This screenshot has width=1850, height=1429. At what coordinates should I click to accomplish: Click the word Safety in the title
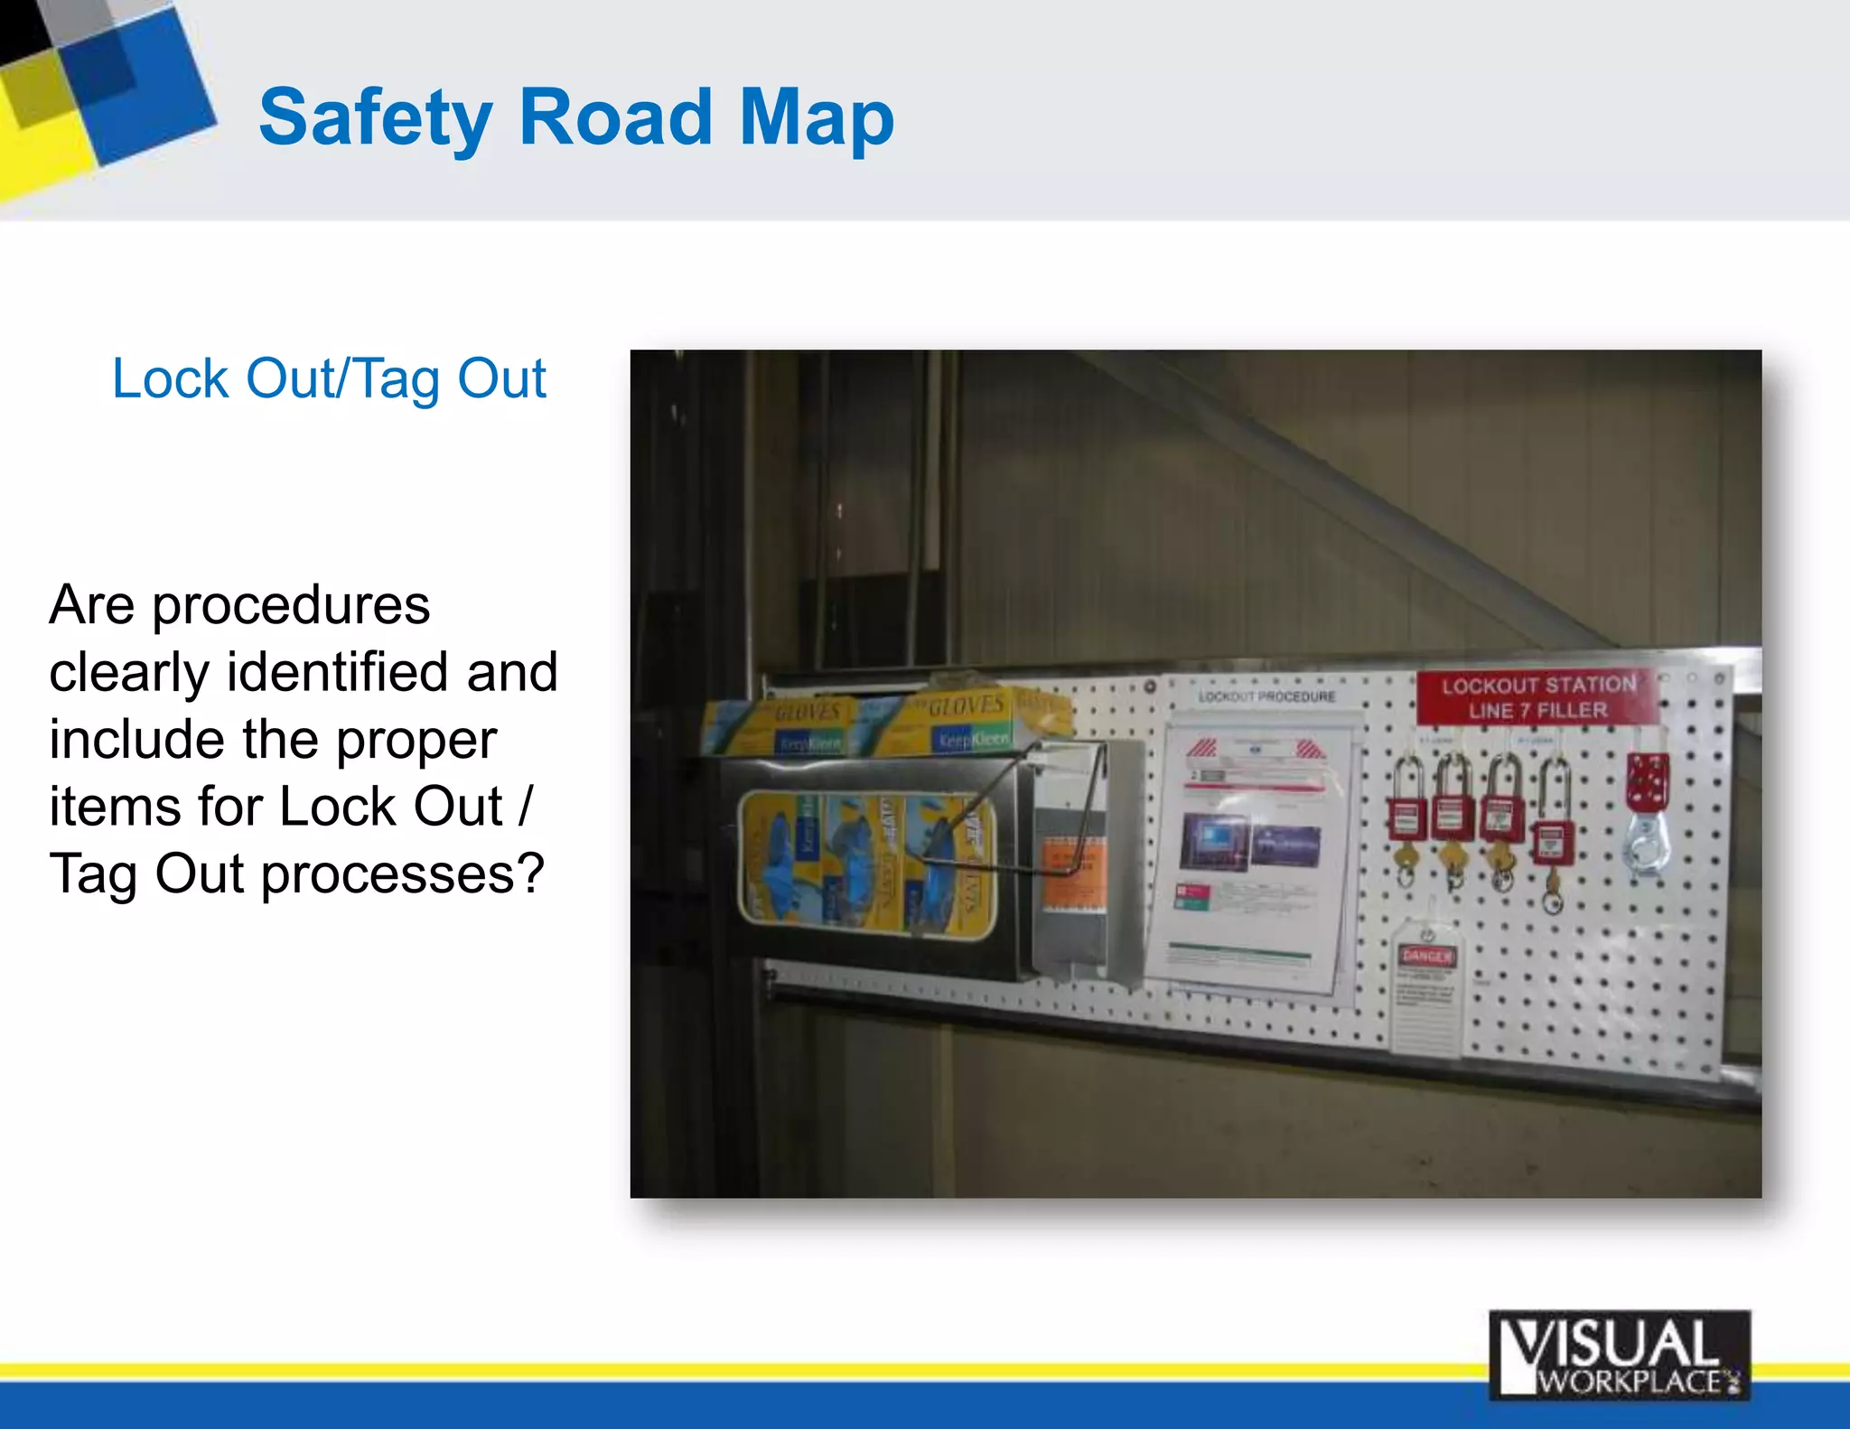[375, 117]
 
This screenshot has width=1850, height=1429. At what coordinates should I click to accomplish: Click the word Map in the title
[816, 117]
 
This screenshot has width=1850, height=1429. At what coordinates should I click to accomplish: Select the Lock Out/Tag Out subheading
[329, 378]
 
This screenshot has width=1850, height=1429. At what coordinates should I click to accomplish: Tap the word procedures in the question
[290, 604]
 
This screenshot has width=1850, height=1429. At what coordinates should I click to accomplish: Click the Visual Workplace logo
[1619, 1355]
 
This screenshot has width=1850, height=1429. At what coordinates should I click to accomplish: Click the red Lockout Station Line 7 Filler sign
[1537, 697]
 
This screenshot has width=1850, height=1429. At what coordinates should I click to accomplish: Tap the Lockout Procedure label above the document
[1266, 696]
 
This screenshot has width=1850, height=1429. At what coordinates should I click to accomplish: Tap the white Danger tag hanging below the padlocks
[1425, 989]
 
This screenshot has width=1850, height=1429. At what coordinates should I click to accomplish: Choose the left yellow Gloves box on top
[795, 727]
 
